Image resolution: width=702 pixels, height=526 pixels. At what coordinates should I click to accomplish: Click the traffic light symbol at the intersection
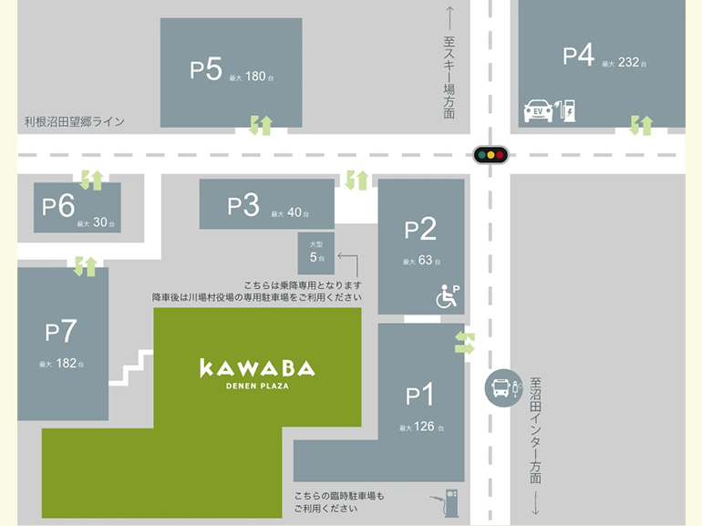point(490,155)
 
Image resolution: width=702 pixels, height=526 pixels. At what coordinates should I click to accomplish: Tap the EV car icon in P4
point(538,111)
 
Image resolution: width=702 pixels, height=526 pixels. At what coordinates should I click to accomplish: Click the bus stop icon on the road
point(502,388)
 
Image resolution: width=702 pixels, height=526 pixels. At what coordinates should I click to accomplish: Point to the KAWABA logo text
point(257,368)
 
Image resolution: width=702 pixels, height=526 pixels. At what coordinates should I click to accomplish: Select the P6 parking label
point(58,206)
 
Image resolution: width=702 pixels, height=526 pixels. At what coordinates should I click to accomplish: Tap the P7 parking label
point(61,331)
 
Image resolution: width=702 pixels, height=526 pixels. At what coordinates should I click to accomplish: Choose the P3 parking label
point(243,205)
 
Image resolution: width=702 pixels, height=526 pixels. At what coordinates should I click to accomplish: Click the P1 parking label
point(419,396)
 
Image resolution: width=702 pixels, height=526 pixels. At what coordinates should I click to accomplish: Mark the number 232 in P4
point(628,63)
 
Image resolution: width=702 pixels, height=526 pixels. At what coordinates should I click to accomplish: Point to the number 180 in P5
point(255,77)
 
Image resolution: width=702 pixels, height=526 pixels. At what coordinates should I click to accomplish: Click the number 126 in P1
point(424,427)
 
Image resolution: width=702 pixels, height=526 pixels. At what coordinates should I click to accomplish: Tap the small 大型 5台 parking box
point(316,253)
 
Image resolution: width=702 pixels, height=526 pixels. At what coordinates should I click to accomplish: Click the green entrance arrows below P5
point(261,126)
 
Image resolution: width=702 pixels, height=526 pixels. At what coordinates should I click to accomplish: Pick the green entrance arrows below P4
point(641,125)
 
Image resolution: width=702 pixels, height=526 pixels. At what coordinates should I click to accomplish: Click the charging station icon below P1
point(446,500)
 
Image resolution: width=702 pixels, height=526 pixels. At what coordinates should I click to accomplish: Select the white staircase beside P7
point(130,367)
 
